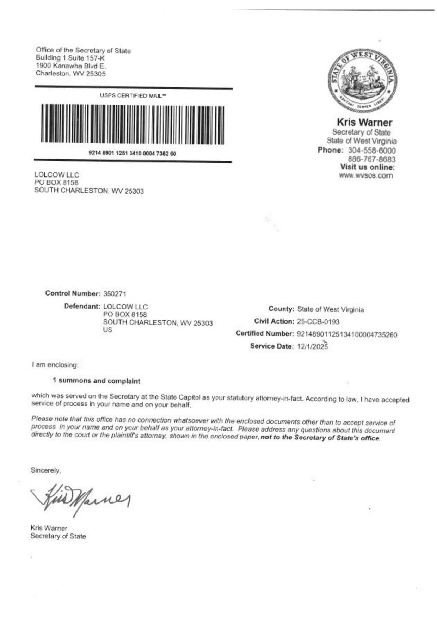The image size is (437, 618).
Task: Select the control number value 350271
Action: coord(115,294)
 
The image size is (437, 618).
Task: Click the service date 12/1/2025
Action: coord(312,346)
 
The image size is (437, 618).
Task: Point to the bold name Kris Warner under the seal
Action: coord(365,123)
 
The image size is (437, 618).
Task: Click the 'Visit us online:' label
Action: coord(367,167)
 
